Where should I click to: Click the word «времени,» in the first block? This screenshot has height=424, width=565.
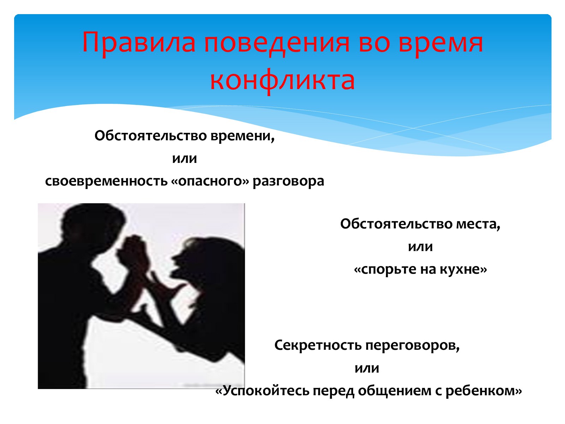click(x=243, y=136)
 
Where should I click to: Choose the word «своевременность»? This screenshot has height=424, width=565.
click(x=106, y=182)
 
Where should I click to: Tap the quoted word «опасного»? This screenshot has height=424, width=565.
click(x=210, y=182)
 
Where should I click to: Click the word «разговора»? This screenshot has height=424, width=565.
click(x=288, y=182)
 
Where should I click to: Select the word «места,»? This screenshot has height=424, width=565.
click(x=478, y=224)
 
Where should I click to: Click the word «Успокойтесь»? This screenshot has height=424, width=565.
click(x=266, y=391)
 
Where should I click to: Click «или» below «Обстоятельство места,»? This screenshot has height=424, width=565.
click(x=420, y=247)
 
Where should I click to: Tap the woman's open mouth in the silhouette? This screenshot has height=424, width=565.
click(x=178, y=266)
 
